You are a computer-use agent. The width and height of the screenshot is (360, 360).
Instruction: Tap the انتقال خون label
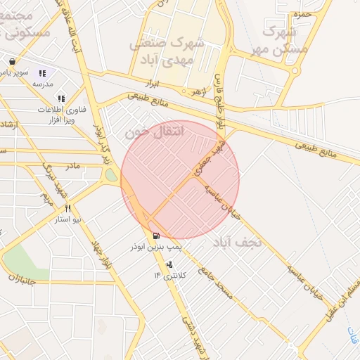coord(153,131)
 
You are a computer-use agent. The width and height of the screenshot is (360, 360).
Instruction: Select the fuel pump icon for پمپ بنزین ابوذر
coord(155,236)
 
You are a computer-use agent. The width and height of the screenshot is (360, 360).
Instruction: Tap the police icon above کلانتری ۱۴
coord(169,265)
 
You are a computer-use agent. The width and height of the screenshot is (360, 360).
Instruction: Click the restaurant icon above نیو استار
coord(68,208)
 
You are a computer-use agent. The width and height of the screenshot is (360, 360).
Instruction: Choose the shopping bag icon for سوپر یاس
coord(13,61)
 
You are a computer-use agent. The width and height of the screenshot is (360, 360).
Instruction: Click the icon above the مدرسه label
coord(43,72)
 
